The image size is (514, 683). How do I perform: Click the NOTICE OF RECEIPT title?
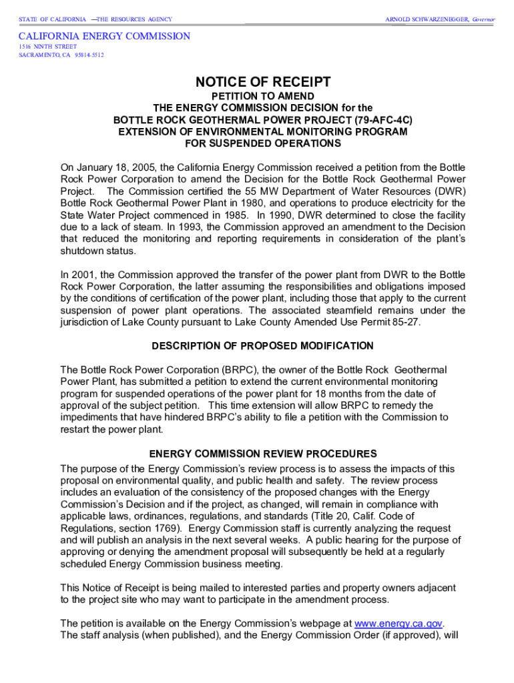coord(262,83)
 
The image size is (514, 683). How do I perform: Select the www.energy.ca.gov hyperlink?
coord(399,623)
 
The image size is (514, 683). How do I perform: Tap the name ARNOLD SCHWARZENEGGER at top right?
coord(427,19)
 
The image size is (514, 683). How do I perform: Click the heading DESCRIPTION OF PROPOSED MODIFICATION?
coord(262,346)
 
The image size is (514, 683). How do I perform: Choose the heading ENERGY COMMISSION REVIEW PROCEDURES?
coord(262,454)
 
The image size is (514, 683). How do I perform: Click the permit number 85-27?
coord(409,322)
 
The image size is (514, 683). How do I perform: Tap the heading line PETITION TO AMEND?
coord(262,96)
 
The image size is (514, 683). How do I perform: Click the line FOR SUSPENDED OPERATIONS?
coord(262,143)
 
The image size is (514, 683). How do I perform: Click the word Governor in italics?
coord(483,19)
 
